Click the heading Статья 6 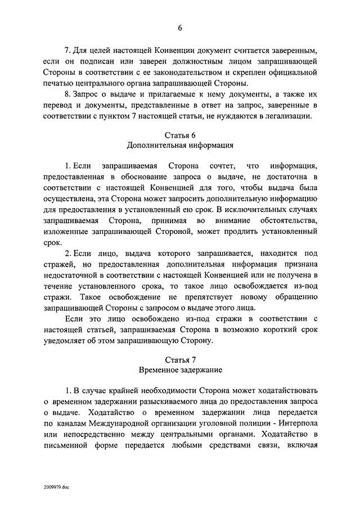coord(179,135)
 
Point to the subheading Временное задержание coord(179,370)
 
